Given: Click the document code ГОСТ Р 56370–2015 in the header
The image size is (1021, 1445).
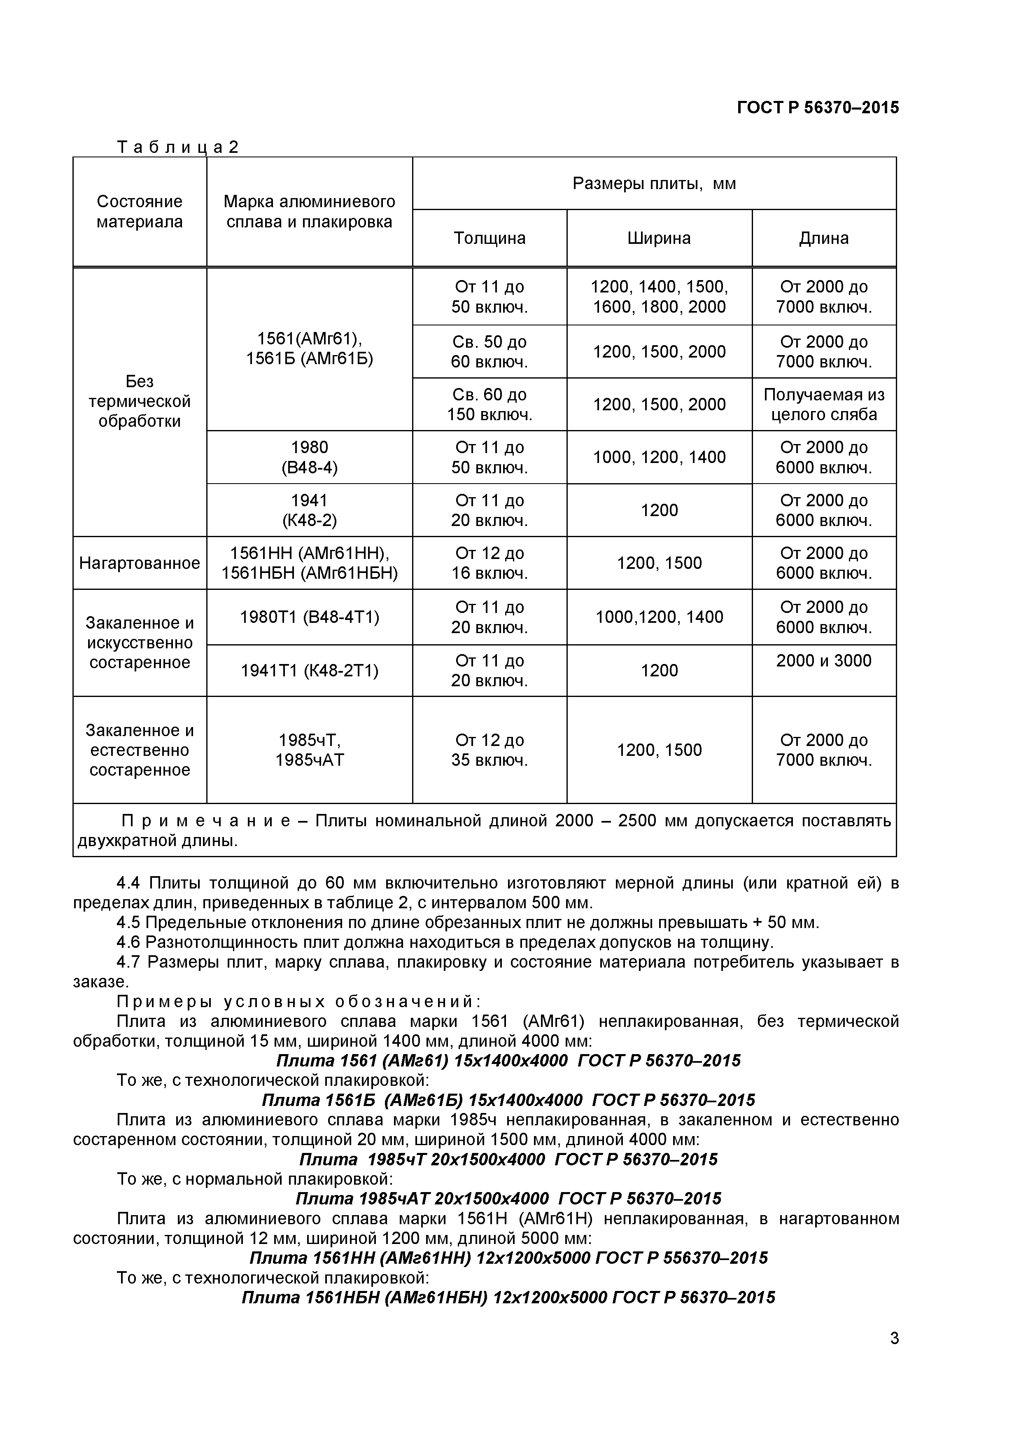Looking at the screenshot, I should [817, 108].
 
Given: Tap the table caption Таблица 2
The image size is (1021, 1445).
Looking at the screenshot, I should [177, 147].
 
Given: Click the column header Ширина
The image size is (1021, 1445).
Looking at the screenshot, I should [659, 238].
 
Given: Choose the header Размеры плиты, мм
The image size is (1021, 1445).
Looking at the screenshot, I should [654, 184].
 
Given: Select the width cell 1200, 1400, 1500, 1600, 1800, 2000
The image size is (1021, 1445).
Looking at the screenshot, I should [659, 297].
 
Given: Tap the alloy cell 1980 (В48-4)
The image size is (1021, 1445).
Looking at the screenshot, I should [310, 457].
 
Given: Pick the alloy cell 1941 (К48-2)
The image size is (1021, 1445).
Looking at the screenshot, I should [310, 510].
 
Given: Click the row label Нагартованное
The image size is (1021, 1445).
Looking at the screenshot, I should [140, 563].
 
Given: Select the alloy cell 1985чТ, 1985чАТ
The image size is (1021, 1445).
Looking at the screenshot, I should [310, 750].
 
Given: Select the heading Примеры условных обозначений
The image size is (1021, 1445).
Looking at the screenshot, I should [299, 1001].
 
